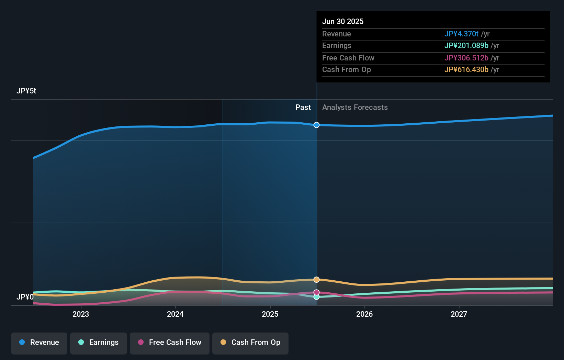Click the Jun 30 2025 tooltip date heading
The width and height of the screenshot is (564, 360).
[342, 21]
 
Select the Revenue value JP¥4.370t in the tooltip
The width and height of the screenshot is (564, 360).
[461, 34]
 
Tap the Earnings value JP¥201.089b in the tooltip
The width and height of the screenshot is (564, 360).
[466, 45]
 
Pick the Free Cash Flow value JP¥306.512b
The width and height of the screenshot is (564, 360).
[466, 58]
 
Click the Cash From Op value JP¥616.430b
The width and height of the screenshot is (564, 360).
[466, 69]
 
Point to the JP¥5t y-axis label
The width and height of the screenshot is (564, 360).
[26, 91]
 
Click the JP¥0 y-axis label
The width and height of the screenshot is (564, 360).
[25, 297]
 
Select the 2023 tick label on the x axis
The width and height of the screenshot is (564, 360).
[81, 314]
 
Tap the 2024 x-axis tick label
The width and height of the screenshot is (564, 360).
[175, 314]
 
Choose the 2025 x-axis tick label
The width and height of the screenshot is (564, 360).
[270, 314]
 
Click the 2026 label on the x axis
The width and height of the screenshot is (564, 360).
[364, 314]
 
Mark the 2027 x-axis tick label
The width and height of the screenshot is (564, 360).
[459, 314]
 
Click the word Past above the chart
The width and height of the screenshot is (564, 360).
[303, 107]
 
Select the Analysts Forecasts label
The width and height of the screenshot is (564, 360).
[355, 107]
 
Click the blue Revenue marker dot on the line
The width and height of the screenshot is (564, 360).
[316, 125]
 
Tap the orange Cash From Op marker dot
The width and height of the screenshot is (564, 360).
[316, 280]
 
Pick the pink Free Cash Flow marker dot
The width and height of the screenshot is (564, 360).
[316, 292]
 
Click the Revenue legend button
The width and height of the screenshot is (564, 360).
[39, 342]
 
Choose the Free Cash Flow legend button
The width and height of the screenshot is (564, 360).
[170, 342]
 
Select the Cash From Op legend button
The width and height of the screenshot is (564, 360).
[250, 342]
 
